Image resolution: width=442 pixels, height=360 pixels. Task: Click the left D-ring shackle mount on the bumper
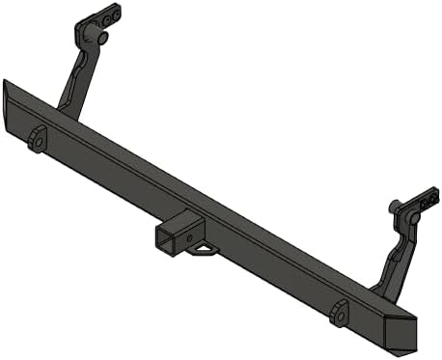[38, 139]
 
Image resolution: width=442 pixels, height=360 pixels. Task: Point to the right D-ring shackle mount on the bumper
[338, 313]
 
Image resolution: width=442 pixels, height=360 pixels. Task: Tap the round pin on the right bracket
[412, 219]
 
